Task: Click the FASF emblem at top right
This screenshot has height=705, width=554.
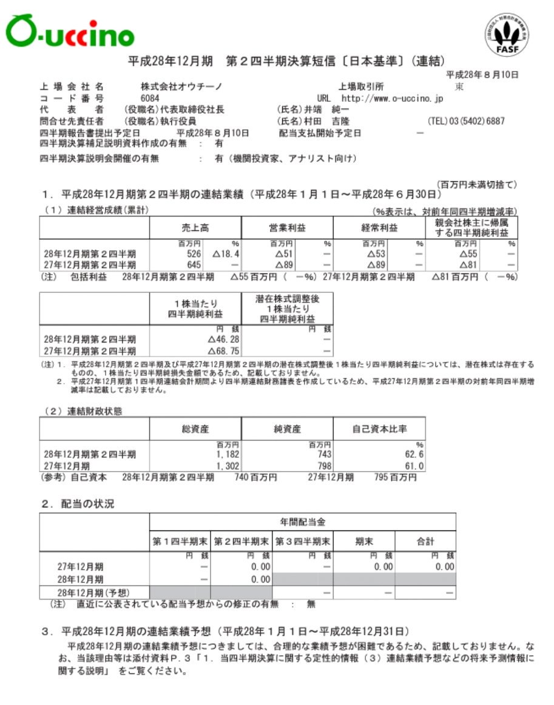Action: (507, 35)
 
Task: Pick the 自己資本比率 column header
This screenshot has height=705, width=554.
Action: (379, 429)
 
